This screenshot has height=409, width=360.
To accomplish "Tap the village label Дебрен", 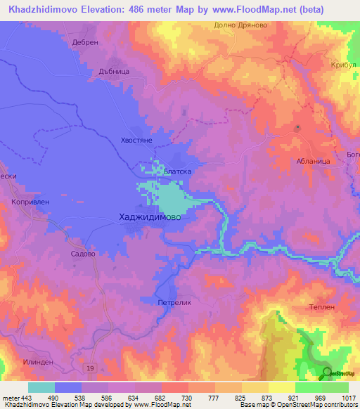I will click(x=83, y=42).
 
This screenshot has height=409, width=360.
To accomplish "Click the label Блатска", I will click(x=177, y=171).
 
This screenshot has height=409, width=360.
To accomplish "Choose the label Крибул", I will click(x=344, y=65).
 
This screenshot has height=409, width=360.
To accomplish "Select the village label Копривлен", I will click(x=29, y=201).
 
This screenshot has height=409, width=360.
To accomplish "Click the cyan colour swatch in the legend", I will click(x=41, y=387).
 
